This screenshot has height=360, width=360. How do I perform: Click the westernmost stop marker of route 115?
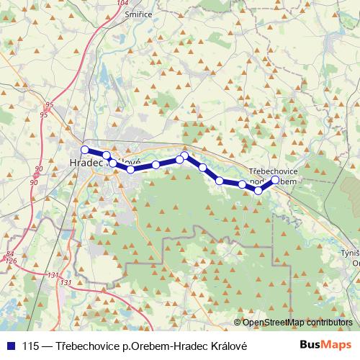tap(85, 150)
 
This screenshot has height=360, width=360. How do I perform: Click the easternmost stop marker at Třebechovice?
tap(275, 179)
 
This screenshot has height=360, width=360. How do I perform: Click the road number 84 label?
tap(9, 254)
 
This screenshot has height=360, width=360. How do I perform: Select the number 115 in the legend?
tap(31, 346)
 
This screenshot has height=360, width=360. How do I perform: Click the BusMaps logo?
tap(325, 345)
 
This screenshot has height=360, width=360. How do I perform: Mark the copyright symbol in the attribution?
tap(237, 323)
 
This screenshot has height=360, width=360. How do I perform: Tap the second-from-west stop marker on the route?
tap(107, 156)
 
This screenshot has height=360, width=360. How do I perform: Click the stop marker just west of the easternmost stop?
tap(258, 190)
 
